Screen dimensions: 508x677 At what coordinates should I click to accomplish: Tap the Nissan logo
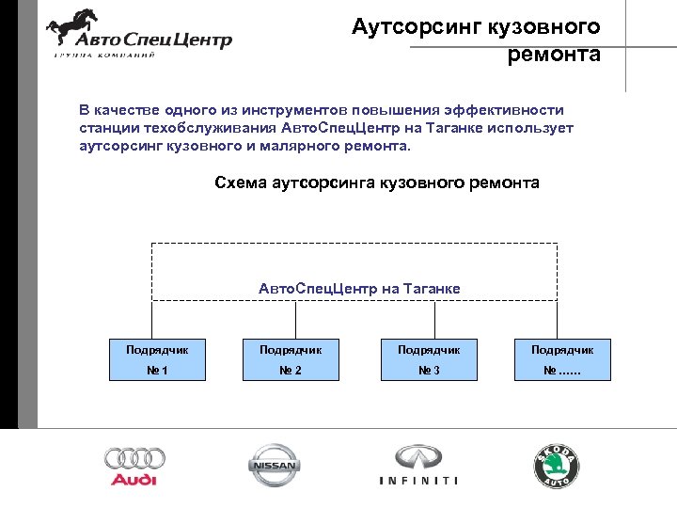[273, 465]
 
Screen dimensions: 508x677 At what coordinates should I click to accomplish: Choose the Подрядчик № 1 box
[158, 359]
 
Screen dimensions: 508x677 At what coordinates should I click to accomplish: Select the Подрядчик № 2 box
[291, 359]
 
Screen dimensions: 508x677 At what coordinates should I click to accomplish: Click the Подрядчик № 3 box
[428, 359]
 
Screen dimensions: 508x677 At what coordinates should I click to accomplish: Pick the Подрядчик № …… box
[562, 359]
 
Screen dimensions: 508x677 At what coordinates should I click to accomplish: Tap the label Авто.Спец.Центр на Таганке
[359, 288]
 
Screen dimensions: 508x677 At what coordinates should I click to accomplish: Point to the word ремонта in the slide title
[553, 55]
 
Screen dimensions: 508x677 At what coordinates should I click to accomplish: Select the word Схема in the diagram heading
[241, 183]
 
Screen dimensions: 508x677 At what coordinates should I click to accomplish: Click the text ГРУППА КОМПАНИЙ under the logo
[103, 56]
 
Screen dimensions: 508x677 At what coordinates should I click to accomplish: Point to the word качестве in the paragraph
[126, 109]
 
